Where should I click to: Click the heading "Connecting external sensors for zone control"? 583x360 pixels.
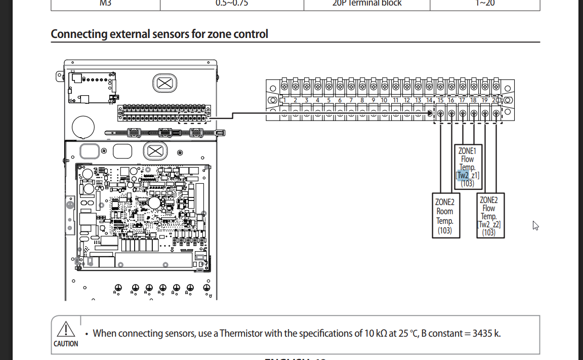pyautogui.click(x=159, y=34)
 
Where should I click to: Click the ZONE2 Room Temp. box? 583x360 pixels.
pyautogui.click(x=445, y=215)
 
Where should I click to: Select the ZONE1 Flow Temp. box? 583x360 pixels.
pyautogui.click(x=468, y=166)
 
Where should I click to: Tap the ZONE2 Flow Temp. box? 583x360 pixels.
pyautogui.click(x=489, y=215)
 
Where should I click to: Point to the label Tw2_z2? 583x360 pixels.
pyautogui.click(x=489, y=224)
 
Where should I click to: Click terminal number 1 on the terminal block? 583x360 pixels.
pyautogui.click(x=284, y=100)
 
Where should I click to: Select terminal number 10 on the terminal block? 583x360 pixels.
pyautogui.click(x=384, y=100)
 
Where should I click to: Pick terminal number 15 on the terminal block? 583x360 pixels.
pyautogui.click(x=440, y=100)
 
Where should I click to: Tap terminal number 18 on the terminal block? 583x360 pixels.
pyautogui.click(x=474, y=100)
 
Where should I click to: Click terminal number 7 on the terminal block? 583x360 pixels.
pyautogui.click(x=351, y=100)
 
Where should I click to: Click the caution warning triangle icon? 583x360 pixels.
pyautogui.click(x=66, y=330)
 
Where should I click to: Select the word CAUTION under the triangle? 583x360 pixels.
pyautogui.click(x=66, y=344)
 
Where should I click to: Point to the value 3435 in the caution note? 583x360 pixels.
pyautogui.click(x=482, y=334)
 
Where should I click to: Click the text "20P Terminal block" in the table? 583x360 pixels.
pyautogui.click(x=367, y=3)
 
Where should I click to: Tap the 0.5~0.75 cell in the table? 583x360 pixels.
pyautogui.click(x=232, y=3)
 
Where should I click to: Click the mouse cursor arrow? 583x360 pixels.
pyautogui.click(x=535, y=225)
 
